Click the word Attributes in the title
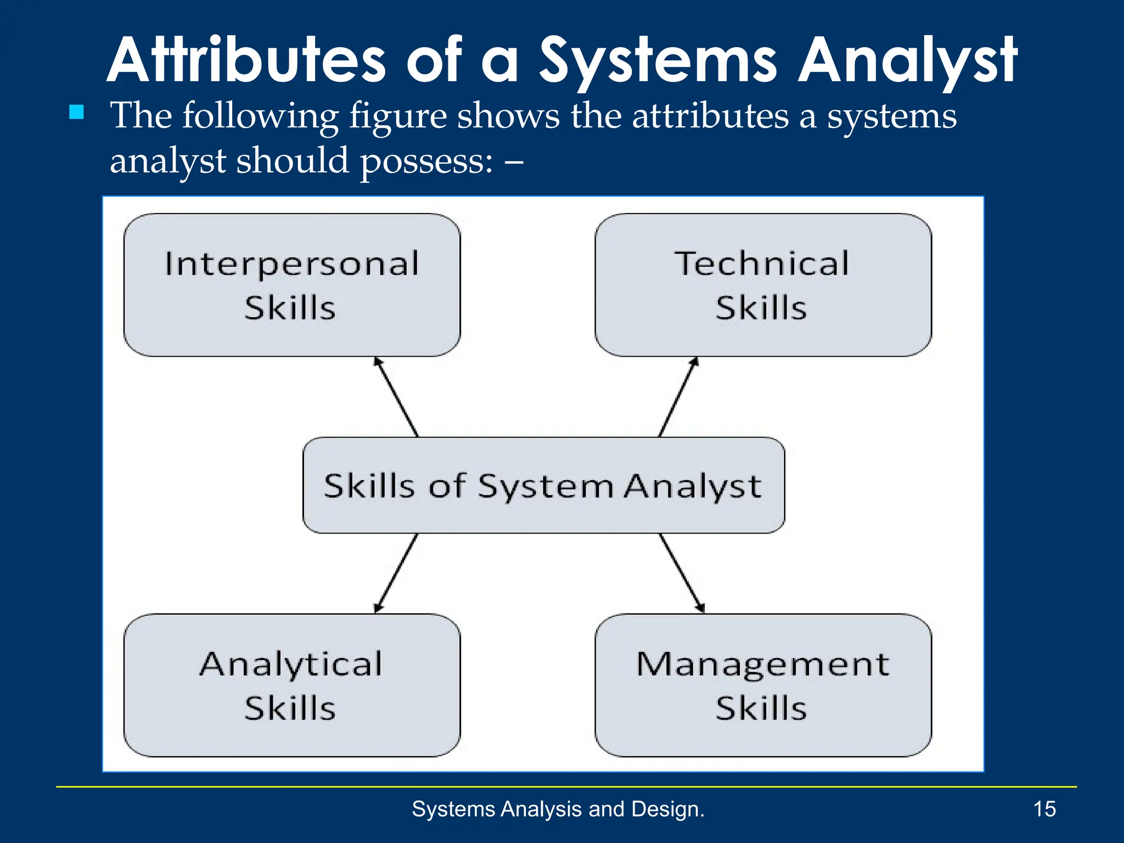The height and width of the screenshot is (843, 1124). coord(247,60)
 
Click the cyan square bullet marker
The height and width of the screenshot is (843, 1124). coord(77,113)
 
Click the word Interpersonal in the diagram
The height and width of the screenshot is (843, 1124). coord(292,264)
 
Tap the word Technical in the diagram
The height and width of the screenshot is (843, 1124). coord(762,263)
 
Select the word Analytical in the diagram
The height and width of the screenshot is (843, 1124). coord(291,665)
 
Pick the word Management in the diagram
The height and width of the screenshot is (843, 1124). coord(762,665)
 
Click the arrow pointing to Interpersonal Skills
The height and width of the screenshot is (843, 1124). coord(396,397)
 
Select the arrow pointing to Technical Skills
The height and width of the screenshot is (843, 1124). coord(678,397)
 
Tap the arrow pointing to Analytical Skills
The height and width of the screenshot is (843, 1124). coord(396,574)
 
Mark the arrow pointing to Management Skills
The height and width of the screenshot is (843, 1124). coord(682,574)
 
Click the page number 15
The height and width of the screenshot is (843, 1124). coord(1044,809)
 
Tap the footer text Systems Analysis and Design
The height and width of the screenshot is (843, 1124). coord(558,809)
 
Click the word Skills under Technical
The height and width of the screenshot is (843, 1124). coord(761,308)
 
